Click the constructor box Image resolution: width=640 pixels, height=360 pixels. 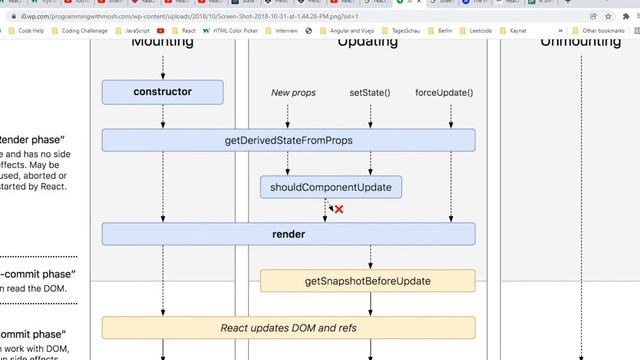coord(162,92)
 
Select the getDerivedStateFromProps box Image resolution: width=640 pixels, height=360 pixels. coord(288,141)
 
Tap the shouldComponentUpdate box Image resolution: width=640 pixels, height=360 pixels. coord(331,187)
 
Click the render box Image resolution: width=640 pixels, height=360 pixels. coord(288,234)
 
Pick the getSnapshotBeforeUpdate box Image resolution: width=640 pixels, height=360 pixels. coord(367,281)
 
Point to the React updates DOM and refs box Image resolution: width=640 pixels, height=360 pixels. coord(288,327)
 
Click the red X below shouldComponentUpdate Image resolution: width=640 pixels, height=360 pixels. coord(339,209)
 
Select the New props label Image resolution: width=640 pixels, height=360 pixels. coord(293,93)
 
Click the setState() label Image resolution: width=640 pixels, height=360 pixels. coord(370,93)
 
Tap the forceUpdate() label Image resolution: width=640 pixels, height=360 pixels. coord(444,93)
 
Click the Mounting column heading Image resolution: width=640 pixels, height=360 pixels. coord(162,43)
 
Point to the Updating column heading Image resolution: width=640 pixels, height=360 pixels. coord(367,43)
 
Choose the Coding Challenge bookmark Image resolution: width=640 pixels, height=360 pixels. coord(84,31)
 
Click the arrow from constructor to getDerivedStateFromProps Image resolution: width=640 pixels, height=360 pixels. coord(163,116)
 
